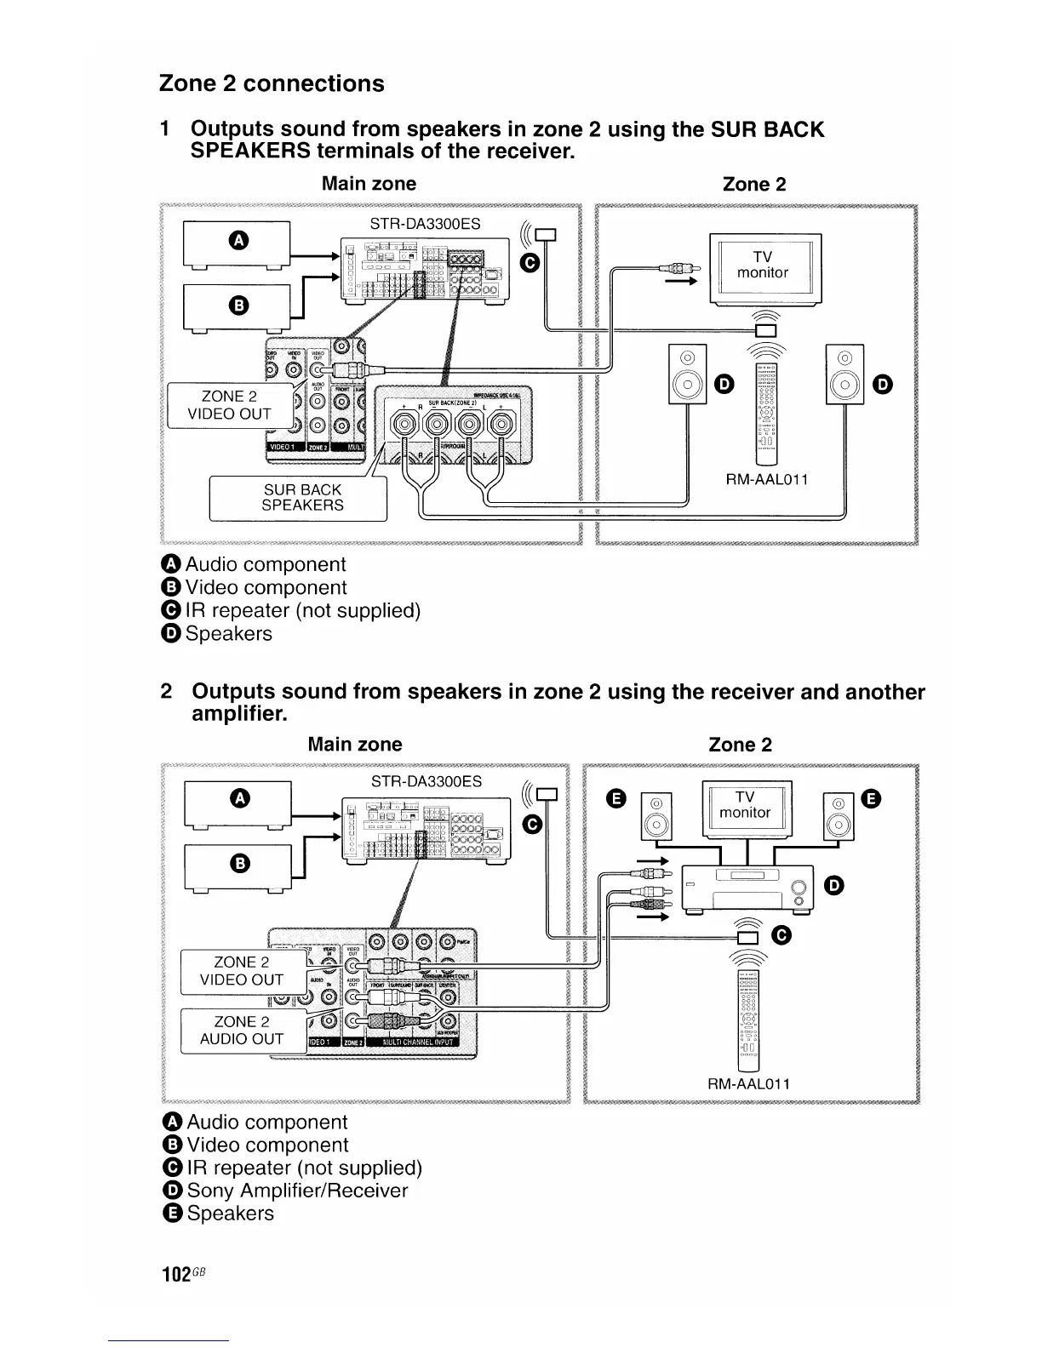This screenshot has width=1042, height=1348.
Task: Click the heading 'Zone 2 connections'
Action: (x=272, y=83)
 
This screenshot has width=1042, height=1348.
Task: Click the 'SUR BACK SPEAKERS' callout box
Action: (x=302, y=498)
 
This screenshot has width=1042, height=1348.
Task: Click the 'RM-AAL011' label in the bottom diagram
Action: (x=749, y=1083)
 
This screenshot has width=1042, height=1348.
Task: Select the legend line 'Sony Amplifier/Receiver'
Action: (x=297, y=1191)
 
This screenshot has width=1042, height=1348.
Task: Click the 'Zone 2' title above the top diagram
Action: (x=754, y=184)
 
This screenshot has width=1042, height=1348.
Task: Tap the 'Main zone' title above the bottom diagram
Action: (x=354, y=745)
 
